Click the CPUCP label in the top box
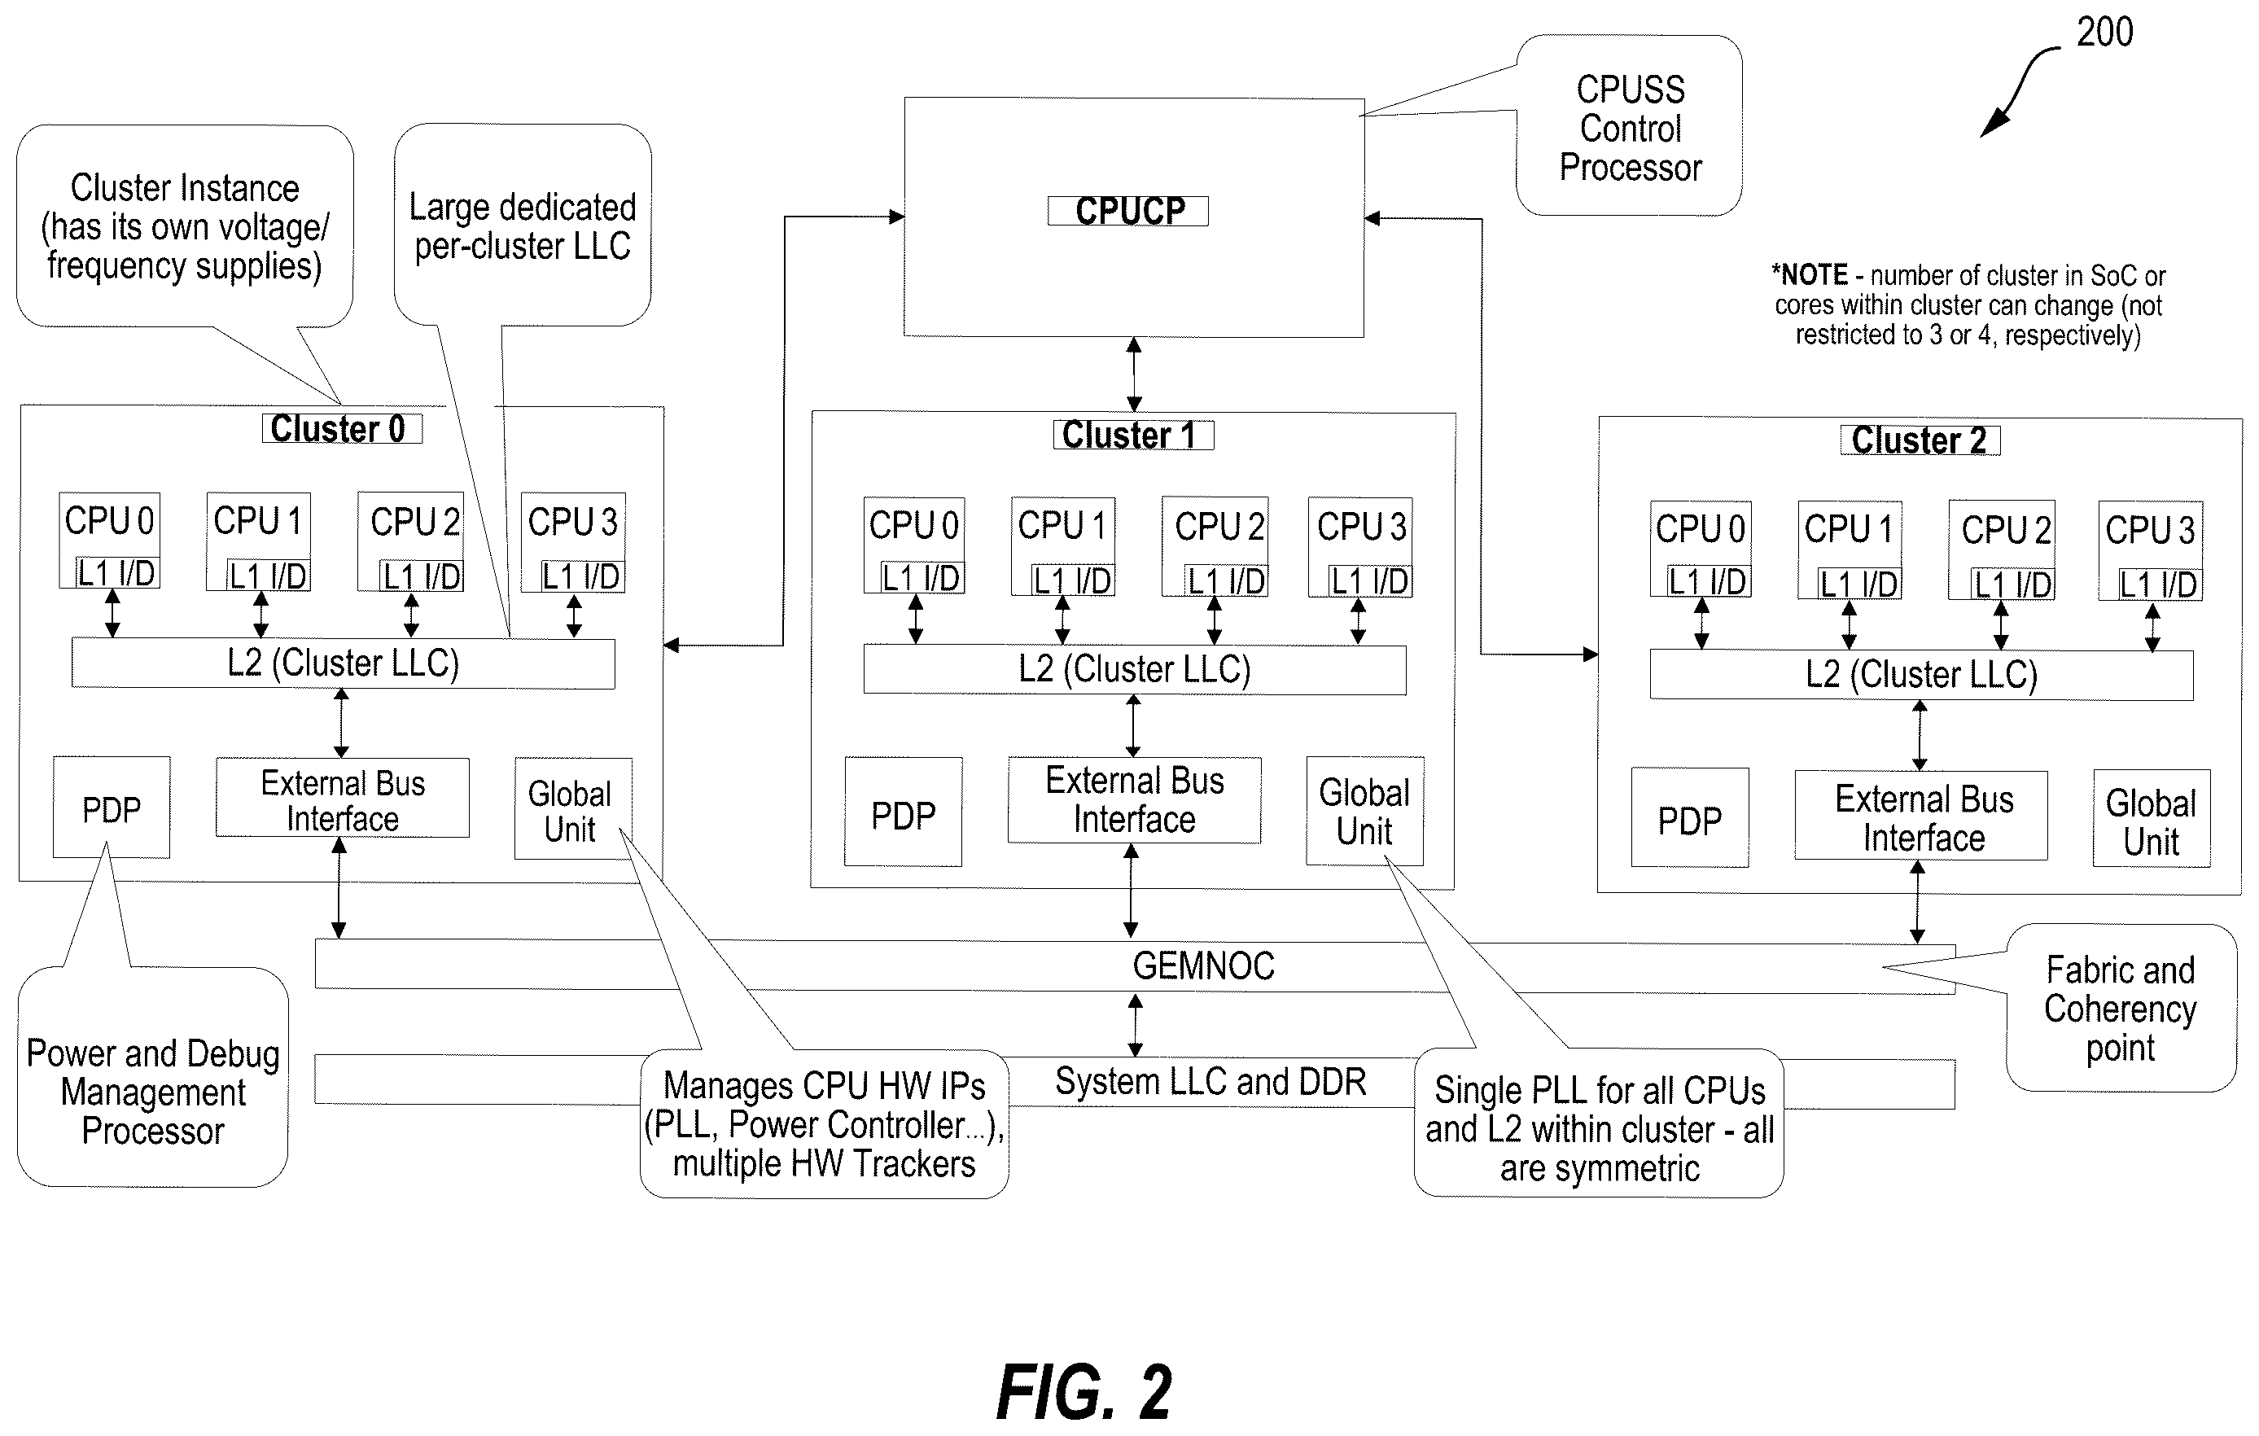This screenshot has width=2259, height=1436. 1128,211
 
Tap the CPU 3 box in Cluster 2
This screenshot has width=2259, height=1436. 2150,551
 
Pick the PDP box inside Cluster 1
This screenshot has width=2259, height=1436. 904,812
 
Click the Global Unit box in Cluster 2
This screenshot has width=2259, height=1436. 2152,819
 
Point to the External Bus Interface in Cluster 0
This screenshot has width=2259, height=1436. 343,799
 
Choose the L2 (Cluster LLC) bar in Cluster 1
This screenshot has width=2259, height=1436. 1135,670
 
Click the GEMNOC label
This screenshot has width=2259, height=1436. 1204,966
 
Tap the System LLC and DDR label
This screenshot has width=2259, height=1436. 1210,1081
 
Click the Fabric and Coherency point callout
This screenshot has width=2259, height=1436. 2121,1009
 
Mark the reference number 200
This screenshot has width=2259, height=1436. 2105,33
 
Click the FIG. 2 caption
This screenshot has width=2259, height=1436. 1084,1393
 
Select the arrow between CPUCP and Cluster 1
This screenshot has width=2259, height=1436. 1134,374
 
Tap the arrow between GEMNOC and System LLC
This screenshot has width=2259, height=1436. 1135,1025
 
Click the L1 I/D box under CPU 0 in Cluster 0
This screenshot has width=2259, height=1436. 116,572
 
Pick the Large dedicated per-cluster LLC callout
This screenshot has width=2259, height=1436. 523,225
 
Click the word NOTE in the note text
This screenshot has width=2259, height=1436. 1815,275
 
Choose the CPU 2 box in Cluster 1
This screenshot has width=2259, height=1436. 1215,547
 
